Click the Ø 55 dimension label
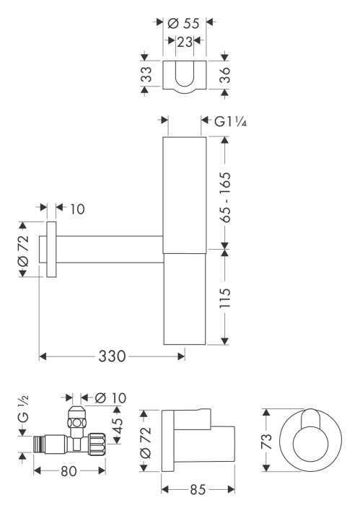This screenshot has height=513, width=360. click(184, 22)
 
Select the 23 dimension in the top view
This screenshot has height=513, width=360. click(185, 43)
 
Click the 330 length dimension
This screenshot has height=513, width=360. click(113, 356)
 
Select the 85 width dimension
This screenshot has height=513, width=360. click(197, 490)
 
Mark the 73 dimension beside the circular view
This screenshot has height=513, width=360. click(267, 442)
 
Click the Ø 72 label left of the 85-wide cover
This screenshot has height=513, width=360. click(144, 442)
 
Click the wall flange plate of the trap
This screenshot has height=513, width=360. click(51, 250)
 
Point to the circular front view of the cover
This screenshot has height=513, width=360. click(309, 442)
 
